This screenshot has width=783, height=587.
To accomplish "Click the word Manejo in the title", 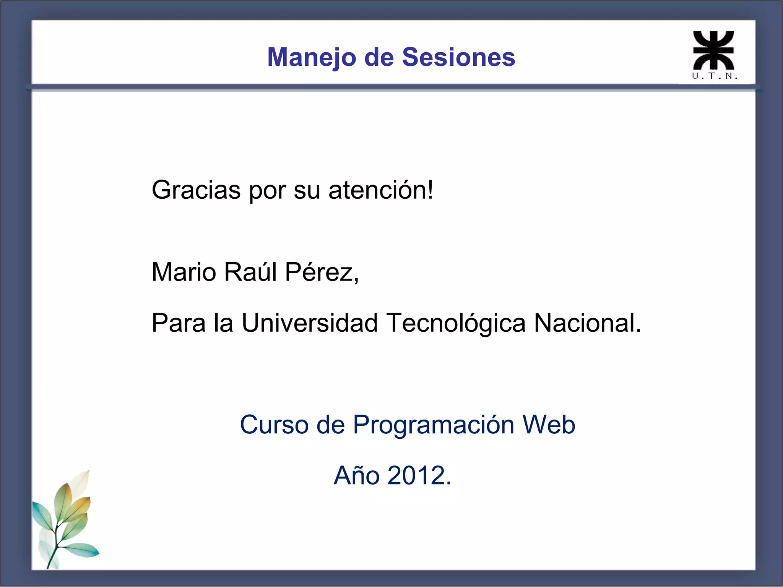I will click(312, 57).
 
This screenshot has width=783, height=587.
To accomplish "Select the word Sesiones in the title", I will click(458, 57).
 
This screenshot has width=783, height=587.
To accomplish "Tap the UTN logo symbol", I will click(714, 50).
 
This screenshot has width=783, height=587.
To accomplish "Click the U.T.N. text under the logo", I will click(715, 76).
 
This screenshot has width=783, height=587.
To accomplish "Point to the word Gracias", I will click(196, 190).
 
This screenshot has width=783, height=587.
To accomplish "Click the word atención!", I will click(381, 190).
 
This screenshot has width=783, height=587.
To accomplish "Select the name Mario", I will click(184, 272).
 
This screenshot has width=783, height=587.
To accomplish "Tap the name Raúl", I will click(250, 272).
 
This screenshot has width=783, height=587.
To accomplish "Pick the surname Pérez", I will click(322, 272).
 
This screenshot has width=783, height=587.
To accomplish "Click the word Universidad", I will click(310, 323).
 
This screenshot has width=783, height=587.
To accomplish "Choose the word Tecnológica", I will click(456, 323).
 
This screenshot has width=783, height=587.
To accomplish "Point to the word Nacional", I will click(587, 323).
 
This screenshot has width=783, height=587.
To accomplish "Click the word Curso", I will click(274, 425).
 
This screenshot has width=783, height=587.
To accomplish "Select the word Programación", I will click(433, 425).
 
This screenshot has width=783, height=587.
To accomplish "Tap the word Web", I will click(549, 425).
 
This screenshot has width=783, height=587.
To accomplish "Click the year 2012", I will click(419, 475).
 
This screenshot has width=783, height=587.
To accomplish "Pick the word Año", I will click(356, 475).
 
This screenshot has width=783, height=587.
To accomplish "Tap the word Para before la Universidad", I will click(179, 323).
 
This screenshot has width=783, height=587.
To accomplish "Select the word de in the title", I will click(379, 57).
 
